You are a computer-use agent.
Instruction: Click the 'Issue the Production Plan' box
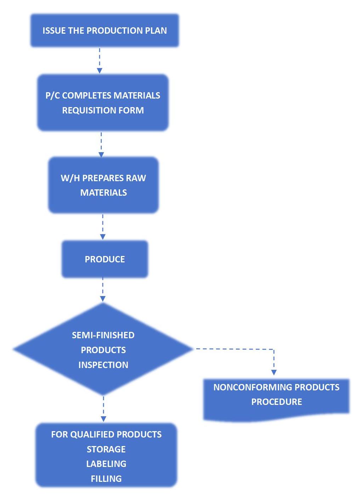click(x=105, y=30)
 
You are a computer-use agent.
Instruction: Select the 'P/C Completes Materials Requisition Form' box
click(x=103, y=103)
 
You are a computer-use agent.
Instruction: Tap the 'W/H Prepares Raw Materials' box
click(x=103, y=185)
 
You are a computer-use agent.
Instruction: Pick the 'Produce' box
click(x=105, y=259)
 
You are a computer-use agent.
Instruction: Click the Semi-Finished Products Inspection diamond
click(x=103, y=350)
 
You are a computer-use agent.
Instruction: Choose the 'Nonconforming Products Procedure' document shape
click(x=276, y=399)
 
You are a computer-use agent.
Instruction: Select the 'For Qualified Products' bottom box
click(x=106, y=456)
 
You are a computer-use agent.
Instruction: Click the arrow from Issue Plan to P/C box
click(x=100, y=61)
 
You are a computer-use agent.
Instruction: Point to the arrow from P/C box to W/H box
click(x=101, y=144)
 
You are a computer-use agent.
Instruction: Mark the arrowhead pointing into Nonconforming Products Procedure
click(x=274, y=372)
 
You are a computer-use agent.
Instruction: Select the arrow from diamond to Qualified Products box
click(x=103, y=409)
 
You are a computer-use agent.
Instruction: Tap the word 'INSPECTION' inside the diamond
click(x=103, y=365)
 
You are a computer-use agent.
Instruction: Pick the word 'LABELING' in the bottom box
click(x=106, y=464)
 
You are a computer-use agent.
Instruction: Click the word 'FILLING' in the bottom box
click(x=106, y=479)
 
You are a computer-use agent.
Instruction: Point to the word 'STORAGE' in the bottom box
click(x=106, y=449)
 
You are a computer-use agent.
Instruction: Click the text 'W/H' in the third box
click(x=70, y=178)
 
